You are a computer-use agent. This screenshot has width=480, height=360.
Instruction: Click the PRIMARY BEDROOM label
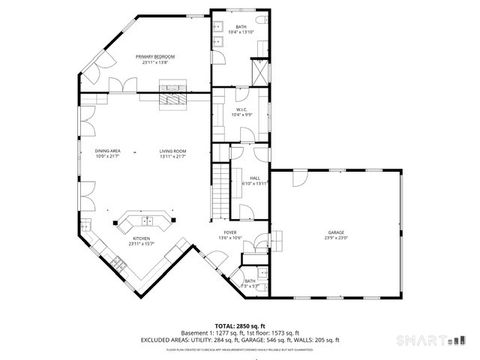click(156, 56)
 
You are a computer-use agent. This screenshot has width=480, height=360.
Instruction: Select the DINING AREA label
click(108, 151)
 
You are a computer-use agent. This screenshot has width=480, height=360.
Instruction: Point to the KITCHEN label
click(142, 238)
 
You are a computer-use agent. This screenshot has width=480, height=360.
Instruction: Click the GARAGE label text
click(335, 232)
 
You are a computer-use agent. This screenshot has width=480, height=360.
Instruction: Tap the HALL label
click(256, 178)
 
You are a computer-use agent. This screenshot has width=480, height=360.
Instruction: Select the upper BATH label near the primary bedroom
click(241, 27)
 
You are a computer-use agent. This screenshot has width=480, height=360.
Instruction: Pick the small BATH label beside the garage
click(250, 282)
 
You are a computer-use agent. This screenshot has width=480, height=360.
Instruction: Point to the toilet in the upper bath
click(258, 20)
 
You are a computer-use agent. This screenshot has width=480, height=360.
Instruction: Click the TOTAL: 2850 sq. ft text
click(239, 327)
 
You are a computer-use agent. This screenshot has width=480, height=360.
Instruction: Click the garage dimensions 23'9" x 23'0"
click(335, 238)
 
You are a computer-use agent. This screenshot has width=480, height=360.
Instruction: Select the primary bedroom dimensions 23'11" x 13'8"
click(156, 62)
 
